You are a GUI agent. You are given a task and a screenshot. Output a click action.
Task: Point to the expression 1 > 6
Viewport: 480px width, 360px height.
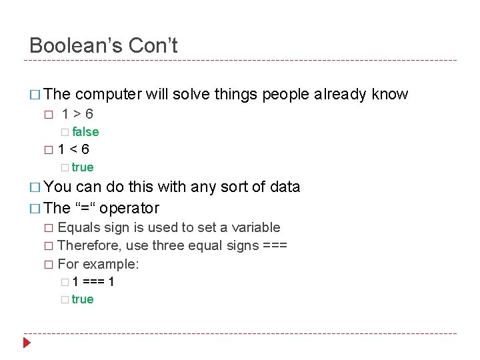pos(77,114)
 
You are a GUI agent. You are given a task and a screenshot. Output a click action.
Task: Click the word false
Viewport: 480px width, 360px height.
pos(85,132)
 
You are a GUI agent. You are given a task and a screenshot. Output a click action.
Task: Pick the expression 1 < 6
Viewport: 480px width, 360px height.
pos(73,149)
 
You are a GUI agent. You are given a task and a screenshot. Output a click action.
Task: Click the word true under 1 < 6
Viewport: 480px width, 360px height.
pos(83,167)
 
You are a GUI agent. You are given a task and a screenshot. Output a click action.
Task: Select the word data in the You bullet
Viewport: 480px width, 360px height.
pos(285,187)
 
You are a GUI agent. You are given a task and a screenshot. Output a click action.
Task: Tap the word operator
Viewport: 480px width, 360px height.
pos(129,208)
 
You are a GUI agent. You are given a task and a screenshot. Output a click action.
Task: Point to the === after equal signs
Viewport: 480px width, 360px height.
pos(275,246)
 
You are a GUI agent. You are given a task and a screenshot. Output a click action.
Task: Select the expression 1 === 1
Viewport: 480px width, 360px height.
pos(93,282)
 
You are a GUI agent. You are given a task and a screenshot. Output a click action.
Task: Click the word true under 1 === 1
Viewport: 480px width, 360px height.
pos(83,299)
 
